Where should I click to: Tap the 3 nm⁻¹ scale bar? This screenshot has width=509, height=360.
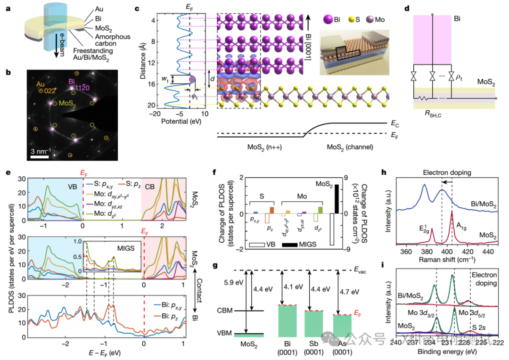pos(38,156)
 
